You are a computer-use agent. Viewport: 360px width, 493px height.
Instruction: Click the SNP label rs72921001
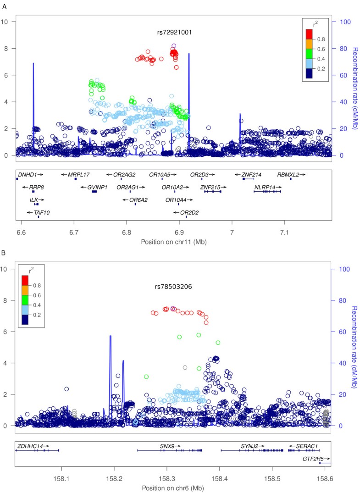click(174, 33)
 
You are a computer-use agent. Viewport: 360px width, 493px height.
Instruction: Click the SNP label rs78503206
click(173, 287)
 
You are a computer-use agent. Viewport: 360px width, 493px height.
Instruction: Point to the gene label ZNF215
click(210, 187)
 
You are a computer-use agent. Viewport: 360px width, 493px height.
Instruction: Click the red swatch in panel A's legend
click(307, 33)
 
